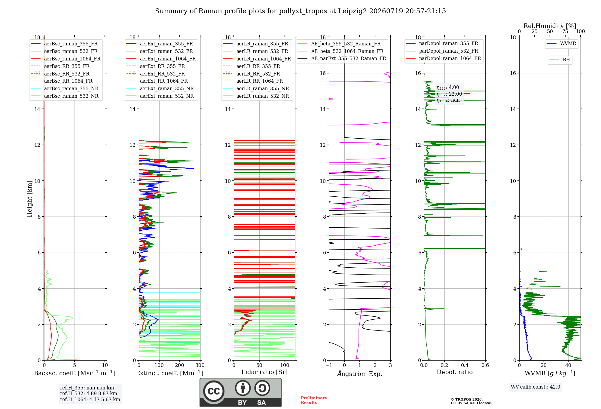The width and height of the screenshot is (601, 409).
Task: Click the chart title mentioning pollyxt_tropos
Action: click(x=300, y=11)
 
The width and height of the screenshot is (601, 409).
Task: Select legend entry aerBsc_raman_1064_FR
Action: click(x=66, y=59)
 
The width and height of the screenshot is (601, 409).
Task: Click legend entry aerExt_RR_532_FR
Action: click(x=156, y=74)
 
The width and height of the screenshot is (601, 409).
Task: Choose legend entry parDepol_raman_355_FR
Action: click(x=442, y=44)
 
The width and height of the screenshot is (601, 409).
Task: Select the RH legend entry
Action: click(x=560, y=60)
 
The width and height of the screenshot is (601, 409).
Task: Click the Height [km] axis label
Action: click(x=29, y=199)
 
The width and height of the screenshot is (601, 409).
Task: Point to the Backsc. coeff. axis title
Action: click(x=75, y=373)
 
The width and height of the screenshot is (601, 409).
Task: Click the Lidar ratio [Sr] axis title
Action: click(x=264, y=372)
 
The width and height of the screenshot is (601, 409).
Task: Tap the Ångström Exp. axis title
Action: click(x=360, y=374)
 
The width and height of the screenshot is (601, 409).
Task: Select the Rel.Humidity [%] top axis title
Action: click(x=550, y=26)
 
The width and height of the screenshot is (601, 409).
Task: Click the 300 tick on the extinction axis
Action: click(x=200, y=365)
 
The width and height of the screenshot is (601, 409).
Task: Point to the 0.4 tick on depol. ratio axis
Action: click(x=465, y=365)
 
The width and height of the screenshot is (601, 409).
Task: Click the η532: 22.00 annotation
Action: click(x=449, y=94)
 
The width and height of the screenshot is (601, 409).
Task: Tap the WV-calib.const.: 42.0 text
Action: click(x=535, y=387)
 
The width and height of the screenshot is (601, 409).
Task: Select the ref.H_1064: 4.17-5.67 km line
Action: click(x=90, y=400)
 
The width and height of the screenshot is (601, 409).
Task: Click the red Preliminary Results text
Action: click(x=314, y=400)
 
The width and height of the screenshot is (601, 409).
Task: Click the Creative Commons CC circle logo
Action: click(x=214, y=391)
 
